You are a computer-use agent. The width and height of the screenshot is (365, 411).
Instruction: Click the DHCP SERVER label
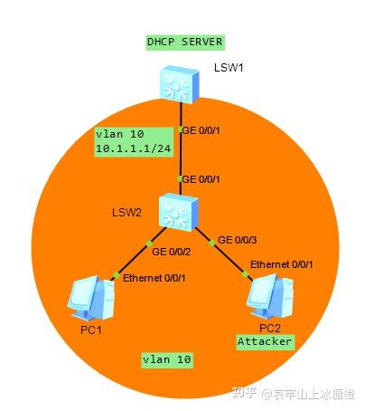185,42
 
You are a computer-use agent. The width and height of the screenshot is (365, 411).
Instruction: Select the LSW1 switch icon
180,85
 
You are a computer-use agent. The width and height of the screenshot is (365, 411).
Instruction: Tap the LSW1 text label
229,67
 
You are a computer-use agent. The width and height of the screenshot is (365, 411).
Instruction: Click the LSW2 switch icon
179,213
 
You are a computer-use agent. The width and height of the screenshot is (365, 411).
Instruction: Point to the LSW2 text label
126,213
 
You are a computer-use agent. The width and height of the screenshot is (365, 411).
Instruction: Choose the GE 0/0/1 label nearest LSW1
201,130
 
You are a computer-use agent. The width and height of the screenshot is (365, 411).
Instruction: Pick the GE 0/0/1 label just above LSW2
201,179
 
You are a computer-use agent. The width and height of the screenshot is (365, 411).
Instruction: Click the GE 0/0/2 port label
172,252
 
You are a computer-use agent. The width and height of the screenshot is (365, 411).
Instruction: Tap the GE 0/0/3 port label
238,240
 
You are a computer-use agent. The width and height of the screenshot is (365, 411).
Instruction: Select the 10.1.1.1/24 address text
134,148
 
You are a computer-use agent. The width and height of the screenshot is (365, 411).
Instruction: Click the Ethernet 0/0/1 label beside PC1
154,278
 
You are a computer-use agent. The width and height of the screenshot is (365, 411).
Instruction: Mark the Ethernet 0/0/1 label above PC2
282,264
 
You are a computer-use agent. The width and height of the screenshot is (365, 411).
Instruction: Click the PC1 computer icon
91,298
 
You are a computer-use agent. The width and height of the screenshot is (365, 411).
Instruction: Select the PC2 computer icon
270,296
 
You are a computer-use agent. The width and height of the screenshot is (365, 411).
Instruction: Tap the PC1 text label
91,330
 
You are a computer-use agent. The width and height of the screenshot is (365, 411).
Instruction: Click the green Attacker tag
265,342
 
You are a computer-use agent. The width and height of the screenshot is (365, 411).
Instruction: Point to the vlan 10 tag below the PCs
167,360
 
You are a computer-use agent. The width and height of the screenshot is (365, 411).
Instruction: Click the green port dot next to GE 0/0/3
212,243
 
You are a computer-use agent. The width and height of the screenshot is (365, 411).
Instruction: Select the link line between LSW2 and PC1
139,253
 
